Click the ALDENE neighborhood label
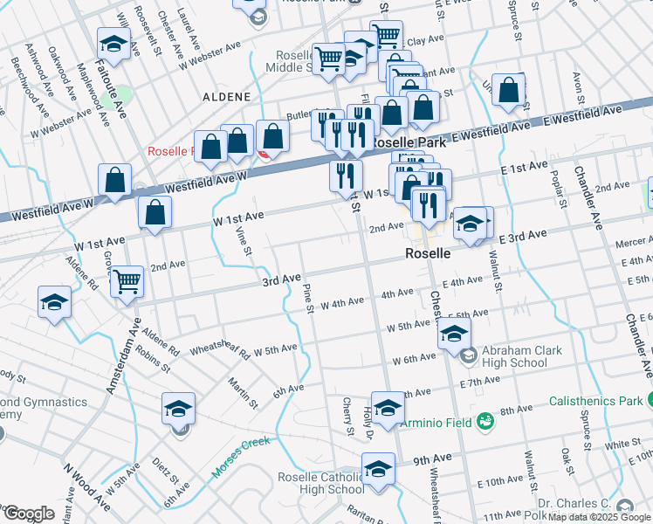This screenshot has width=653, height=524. tap(227, 97)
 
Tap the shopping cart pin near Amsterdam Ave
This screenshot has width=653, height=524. tap(127, 280)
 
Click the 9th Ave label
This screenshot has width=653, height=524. tap(433, 459)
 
